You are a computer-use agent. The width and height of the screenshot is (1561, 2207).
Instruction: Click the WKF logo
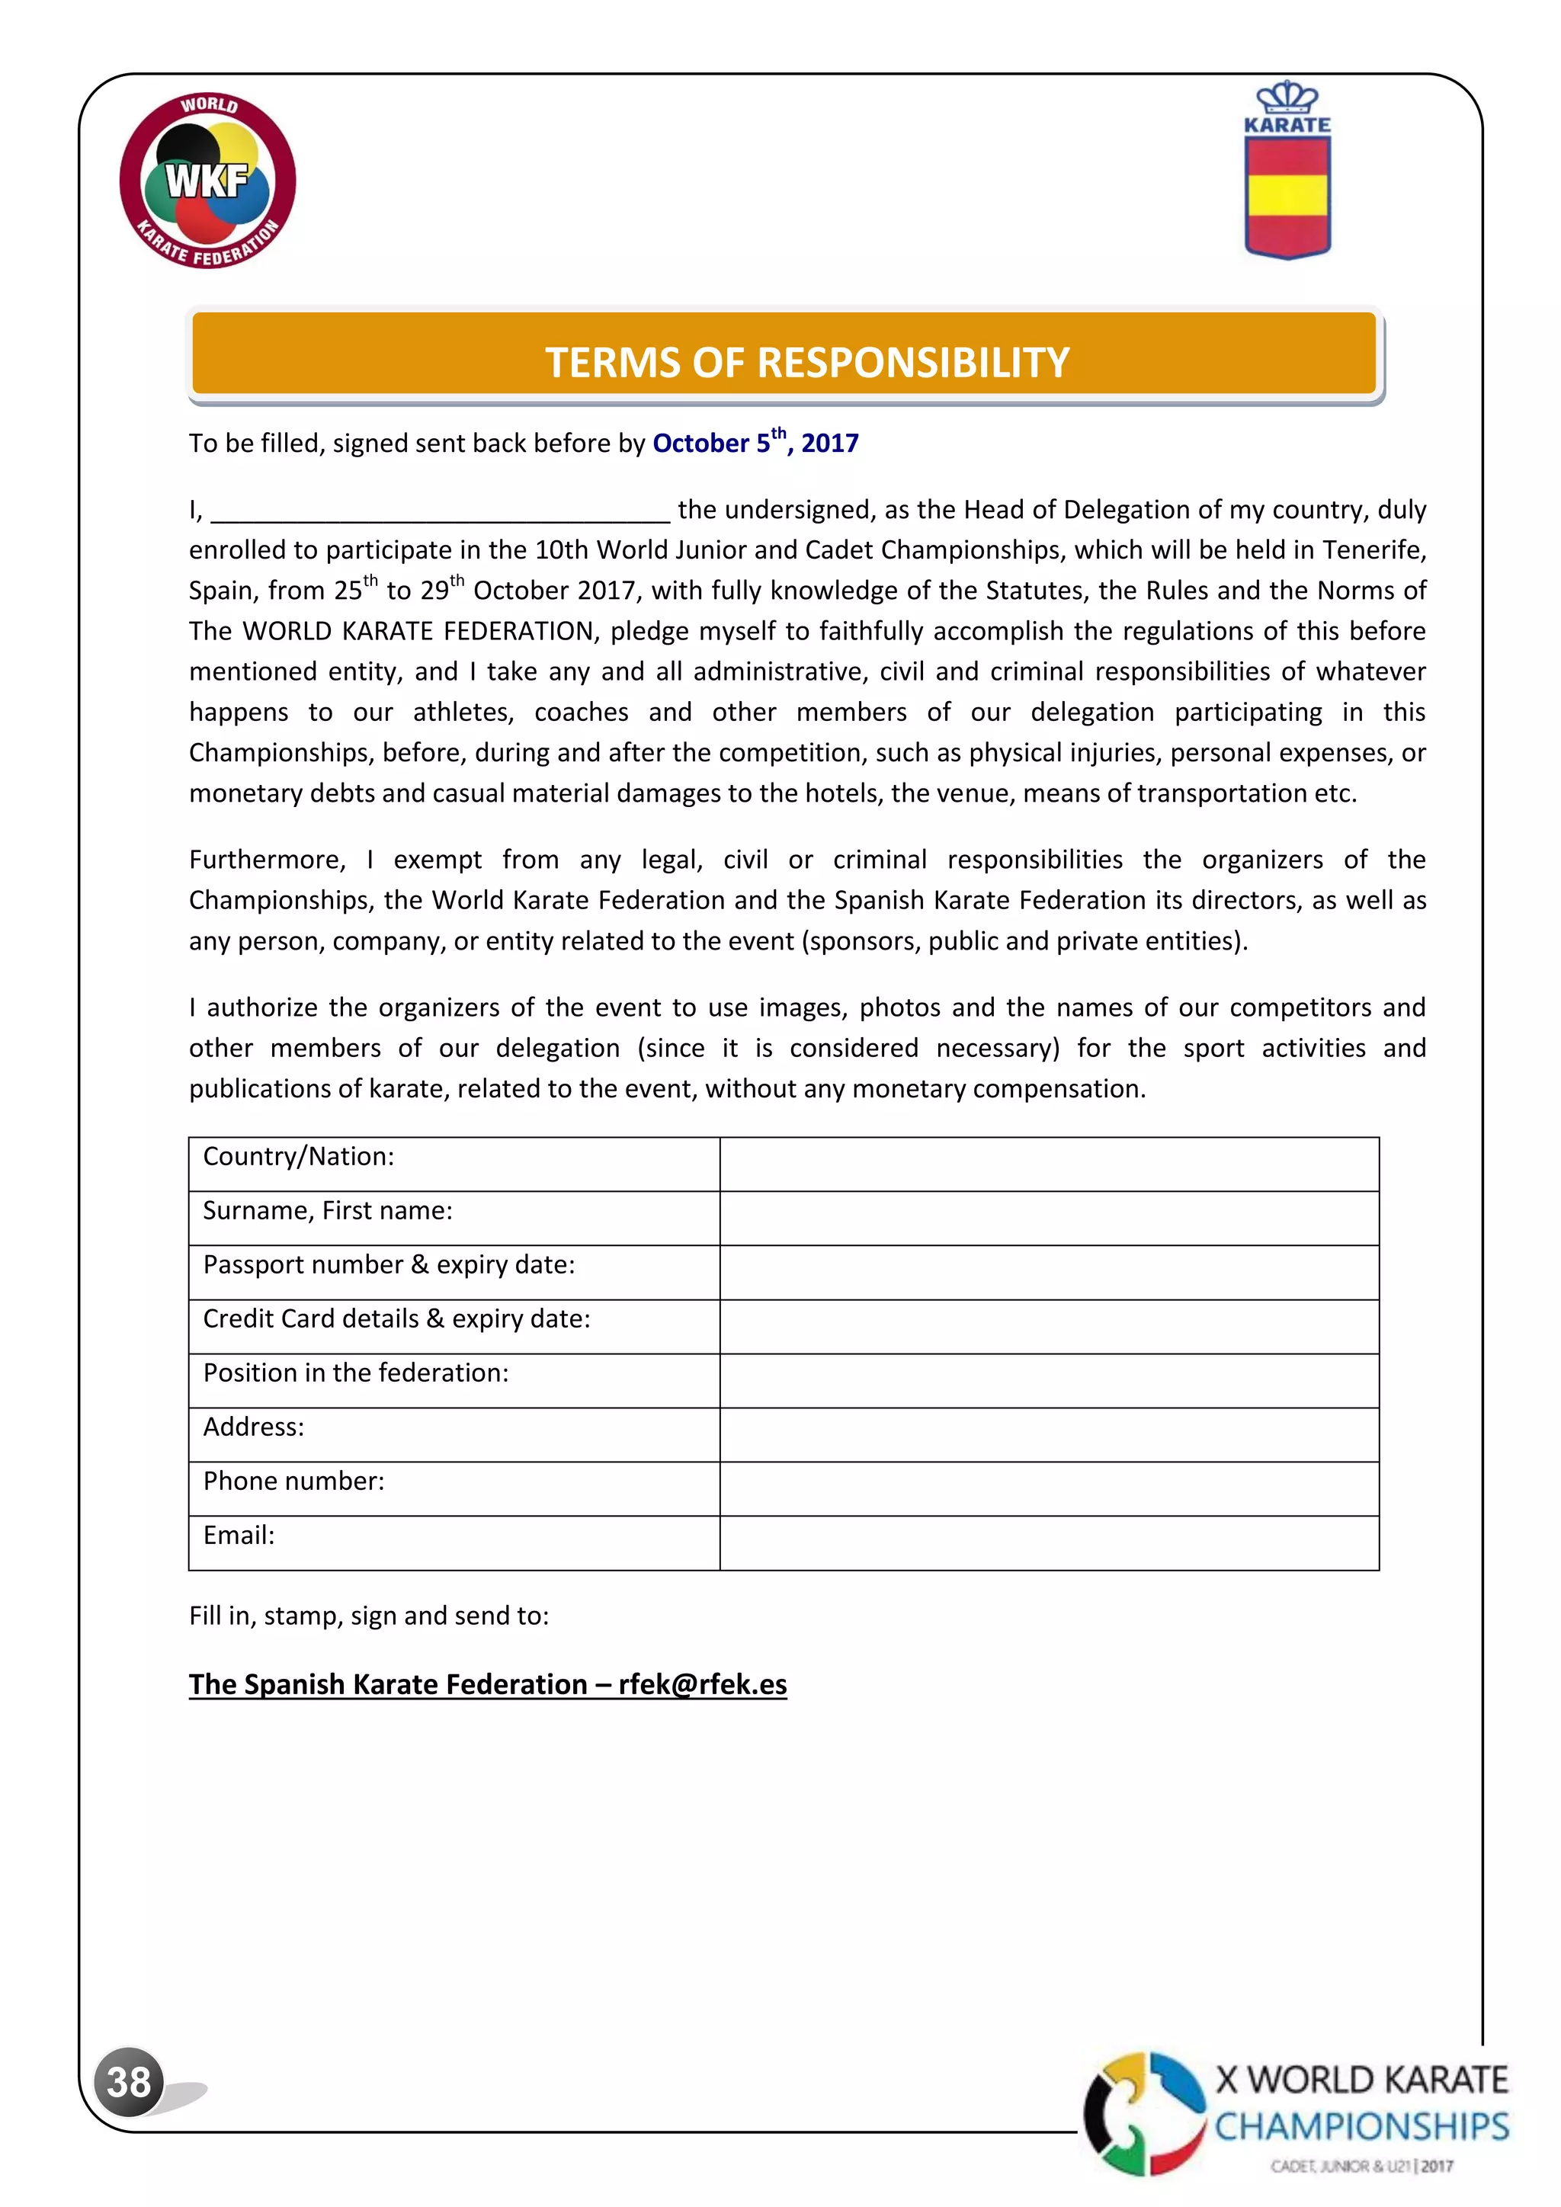pyautogui.click(x=207, y=181)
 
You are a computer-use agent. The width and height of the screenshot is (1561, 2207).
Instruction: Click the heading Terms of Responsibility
pyautogui.click(x=806, y=363)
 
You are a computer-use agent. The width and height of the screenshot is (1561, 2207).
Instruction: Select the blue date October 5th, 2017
pyautogui.click(x=755, y=443)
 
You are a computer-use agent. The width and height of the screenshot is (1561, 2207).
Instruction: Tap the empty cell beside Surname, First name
pyautogui.click(x=1048, y=1218)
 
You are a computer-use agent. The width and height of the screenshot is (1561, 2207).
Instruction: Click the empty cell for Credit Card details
pyautogui.click(x=1048, y=1327)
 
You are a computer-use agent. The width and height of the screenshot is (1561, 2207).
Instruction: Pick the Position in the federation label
pyautogui.click(x=356, y=1373)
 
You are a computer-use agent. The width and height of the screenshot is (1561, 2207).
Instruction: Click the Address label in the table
pyautogui.click(x=254, y=1427)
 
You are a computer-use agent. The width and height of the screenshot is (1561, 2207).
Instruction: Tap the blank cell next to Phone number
pyautogui.click(x=1048, y=1489)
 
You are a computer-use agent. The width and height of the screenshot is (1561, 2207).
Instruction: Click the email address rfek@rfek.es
pyautogui.click(x=703, y=1684)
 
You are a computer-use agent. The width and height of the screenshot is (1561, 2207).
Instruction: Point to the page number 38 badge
pyautogui.click(x=129, y=2081)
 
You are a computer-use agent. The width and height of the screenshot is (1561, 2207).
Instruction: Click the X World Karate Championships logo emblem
pyautogui.click(x=1144, y=2114)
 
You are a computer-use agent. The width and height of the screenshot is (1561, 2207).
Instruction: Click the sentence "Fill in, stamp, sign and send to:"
pyautogui.click(x=368, y=1616)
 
